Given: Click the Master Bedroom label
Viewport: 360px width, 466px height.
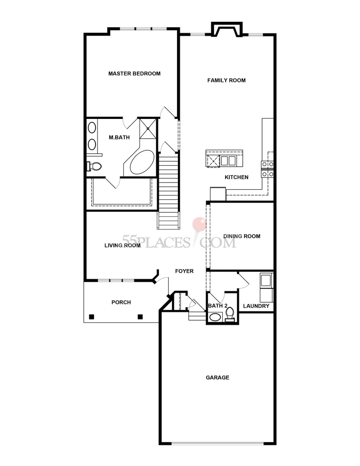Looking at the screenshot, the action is point(134,73).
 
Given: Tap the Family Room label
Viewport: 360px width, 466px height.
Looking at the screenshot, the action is point(226,80).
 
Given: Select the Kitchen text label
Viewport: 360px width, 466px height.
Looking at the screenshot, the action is point(237,177).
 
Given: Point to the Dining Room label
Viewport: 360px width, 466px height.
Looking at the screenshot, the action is point(242,236).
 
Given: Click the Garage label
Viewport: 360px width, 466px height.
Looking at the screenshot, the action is point(217,377).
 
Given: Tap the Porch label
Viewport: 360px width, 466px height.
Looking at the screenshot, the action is point(121,302).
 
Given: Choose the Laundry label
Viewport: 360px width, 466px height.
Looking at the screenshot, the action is point(256,306).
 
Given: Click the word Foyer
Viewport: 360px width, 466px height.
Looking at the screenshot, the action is point(184,271).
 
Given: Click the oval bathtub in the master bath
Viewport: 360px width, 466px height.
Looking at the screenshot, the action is point(142,163).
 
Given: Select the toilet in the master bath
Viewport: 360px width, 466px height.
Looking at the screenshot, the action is point(94,166).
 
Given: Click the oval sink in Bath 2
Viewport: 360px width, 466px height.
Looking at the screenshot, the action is point(215,317).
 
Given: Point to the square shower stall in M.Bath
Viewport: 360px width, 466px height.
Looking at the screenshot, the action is point(148,129).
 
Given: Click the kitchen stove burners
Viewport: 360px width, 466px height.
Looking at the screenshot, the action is point(267,169).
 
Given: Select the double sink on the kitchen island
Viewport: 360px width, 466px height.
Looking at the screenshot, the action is point(228,161).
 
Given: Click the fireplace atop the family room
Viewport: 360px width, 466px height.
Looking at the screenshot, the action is point(226,29).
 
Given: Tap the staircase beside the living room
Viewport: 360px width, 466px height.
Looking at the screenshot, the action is point(168,191).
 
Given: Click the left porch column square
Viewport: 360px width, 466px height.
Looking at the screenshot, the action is point(92,317).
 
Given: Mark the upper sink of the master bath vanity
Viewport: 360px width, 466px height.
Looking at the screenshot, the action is point(92,128).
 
